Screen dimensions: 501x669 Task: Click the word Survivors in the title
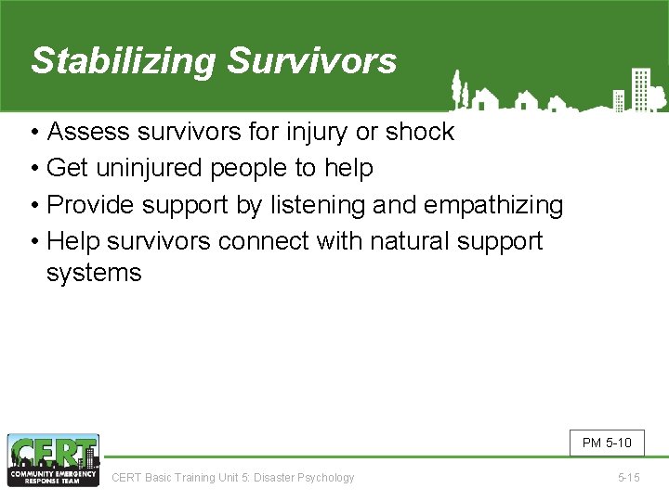tap(311, 61)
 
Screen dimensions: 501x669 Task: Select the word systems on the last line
tap(94, 273)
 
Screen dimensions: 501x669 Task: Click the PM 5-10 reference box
tap(606, 443)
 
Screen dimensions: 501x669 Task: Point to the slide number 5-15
tap(628, 478)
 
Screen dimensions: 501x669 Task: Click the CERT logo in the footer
tap(53, 460)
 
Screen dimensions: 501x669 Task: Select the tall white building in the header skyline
tap(640, 87)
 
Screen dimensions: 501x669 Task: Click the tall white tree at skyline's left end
tap(456, 89)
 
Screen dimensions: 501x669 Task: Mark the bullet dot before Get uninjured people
tap(34, 168)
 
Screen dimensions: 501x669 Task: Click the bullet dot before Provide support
tap(34, 204)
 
